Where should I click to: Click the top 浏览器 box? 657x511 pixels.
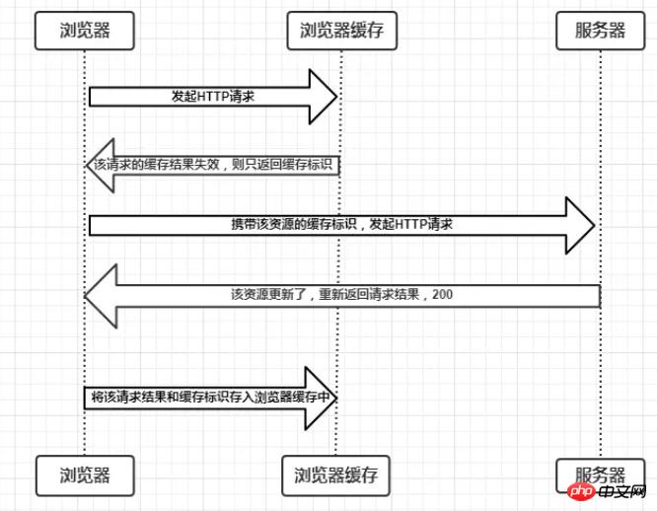(84, 31)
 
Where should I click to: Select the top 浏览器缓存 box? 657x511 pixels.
(340, 31)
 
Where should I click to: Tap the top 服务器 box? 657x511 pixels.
(600, 31)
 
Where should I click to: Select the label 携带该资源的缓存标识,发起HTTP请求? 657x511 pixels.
(341, 226)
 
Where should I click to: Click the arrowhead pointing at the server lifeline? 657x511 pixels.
(581, 226)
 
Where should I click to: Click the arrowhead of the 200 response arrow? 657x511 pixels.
(101, 294)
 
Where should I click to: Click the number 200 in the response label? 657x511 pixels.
(443, 294)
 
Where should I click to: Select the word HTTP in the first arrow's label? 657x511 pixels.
(214, 97)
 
